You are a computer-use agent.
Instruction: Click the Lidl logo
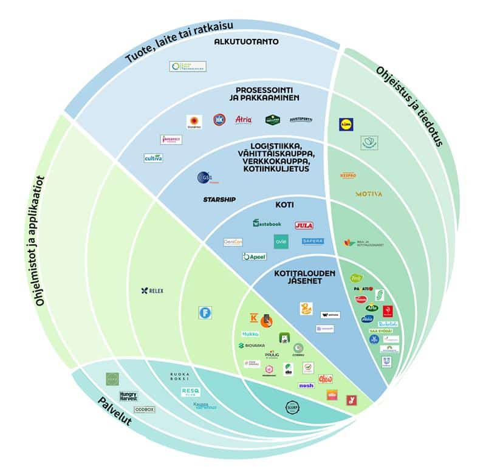coord(346,125)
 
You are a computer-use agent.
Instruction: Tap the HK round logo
coord(219,120)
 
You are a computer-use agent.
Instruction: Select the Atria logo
coord(243,120)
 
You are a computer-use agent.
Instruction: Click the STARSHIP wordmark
coord(219,199)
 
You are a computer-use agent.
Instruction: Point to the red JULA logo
coord(304,225)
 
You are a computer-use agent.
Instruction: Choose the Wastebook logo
coord(267,223)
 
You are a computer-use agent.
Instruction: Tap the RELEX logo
coord(152,291)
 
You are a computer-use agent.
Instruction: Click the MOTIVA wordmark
coord(369,194)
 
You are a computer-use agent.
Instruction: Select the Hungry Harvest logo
coord(128,396)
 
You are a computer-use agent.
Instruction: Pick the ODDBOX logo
coord(145,410)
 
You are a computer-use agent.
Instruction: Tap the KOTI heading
coord(284,205)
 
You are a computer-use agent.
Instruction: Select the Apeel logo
coord(255,257)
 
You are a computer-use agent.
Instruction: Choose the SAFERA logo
coord(313,241)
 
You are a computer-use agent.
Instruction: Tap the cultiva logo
coord(153,158)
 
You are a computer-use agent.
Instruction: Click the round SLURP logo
coord(293,406)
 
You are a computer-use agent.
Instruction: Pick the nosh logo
coord(306,385)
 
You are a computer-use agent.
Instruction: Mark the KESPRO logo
coord(348,176)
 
